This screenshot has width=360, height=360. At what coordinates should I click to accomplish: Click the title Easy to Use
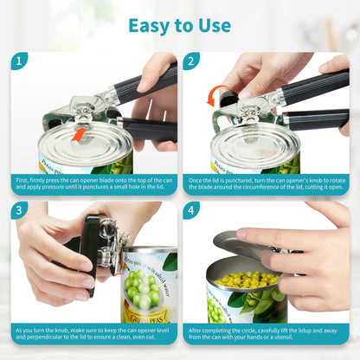[179, 25]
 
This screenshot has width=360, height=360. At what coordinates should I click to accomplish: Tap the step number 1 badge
[19, 61]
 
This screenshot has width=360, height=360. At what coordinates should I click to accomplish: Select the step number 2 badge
[191, 61]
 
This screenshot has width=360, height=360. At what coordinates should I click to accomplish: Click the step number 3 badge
[19, 211]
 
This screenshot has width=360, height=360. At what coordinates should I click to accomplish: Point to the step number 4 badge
[191, 211]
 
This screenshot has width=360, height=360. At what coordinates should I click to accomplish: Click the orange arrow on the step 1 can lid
[79, 134]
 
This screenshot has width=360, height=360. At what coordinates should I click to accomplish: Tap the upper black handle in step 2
[316, 87]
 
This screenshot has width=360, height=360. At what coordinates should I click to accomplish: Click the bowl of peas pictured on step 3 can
[143, 290]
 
